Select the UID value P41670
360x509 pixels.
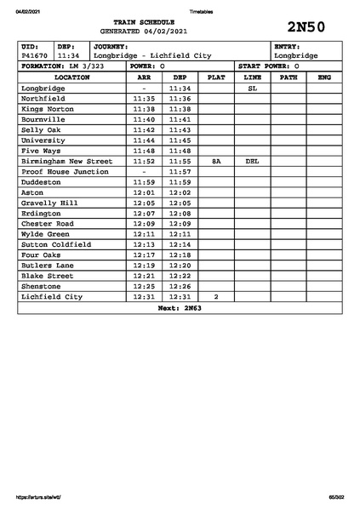pyautogui.click(x=35, y=55)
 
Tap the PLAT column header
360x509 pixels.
pyautogui.click(x=216, y=77)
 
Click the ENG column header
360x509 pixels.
pyautogui.click(x=323, y=77)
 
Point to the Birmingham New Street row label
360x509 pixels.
pyautogui.click(x=66, y=161)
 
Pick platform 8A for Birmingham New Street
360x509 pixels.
pyautogui.click(x=216, y=161)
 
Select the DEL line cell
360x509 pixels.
pyautogui.click(x=252, y=161)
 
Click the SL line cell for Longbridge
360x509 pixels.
pyautogui.click(x=252, y=88)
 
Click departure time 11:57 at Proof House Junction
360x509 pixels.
pyautogui.click(x=180, y=171)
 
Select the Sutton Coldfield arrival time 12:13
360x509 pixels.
pyautogui.click(x=144, y=244)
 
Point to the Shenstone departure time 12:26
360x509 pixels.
pyautogui.click(x=180, y=287)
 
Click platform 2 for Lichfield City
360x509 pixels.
pyautogui.click(x=216, y=297)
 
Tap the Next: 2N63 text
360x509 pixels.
pyautogui.click(x=180, y=308)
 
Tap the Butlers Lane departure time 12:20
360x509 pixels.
pyautogui.click(x=180, y=266)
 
